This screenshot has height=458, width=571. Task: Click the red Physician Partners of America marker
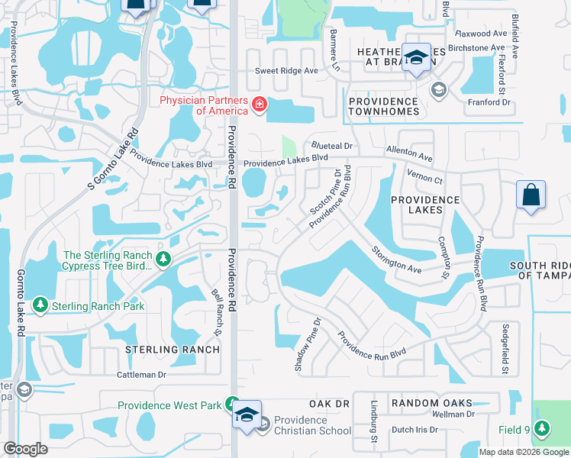pos(260,104)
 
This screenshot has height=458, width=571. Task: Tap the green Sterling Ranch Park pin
pos(40,306)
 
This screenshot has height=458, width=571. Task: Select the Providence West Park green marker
pos(232,404)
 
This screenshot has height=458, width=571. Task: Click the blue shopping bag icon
pos(531,195)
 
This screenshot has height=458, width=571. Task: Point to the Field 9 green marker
pos(542,430)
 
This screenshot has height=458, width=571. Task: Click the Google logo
pos(25,449)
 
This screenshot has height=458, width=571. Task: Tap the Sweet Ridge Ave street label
pos(285,70)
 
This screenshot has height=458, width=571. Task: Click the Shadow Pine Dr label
pos(308,344)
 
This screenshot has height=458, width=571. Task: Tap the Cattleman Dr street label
pos(141,375)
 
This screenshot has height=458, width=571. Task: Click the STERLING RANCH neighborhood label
pos(172,350)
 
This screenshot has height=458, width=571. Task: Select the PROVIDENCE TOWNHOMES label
pos(383,106)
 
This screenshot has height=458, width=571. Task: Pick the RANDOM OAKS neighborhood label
pos(431,403)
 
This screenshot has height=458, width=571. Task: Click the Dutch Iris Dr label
pos(411,430)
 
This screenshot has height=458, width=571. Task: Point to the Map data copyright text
pos(523,452)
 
